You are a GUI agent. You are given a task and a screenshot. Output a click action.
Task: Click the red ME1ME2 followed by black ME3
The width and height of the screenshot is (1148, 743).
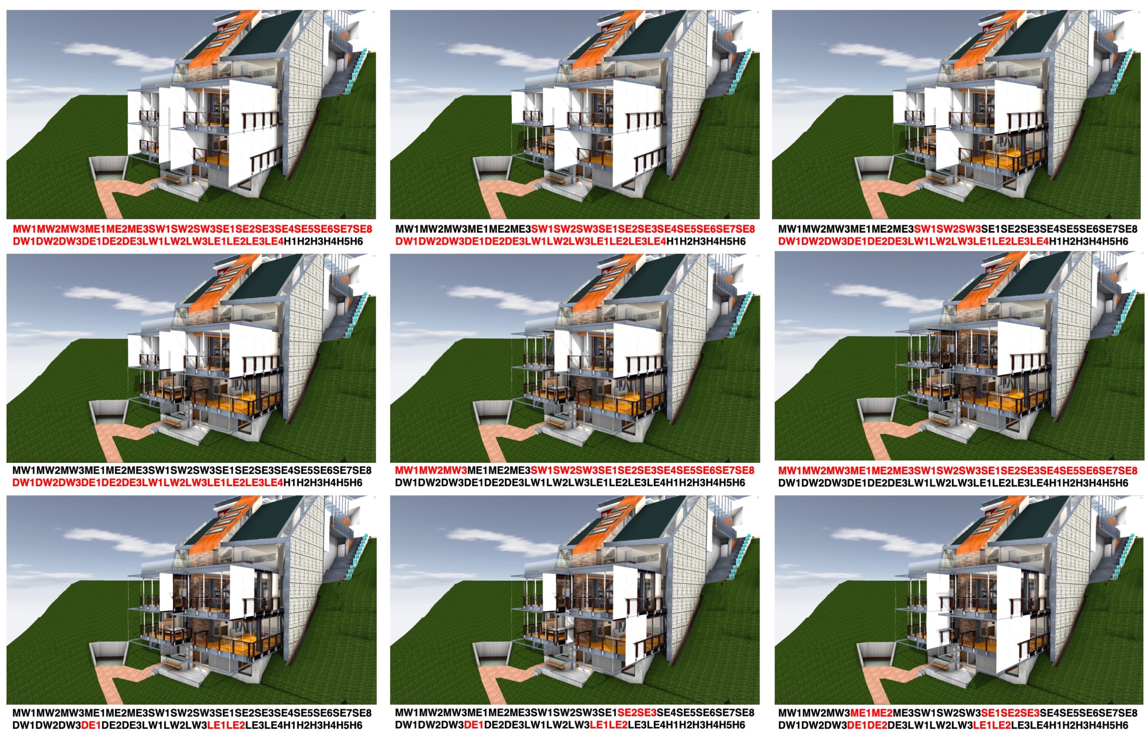(872, 713)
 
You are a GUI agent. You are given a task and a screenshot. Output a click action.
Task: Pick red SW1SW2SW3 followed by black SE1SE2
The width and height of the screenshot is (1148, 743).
(948, 229)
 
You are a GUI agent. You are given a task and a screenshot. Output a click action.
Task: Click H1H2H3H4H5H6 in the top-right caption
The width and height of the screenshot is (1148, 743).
(1089, 241)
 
